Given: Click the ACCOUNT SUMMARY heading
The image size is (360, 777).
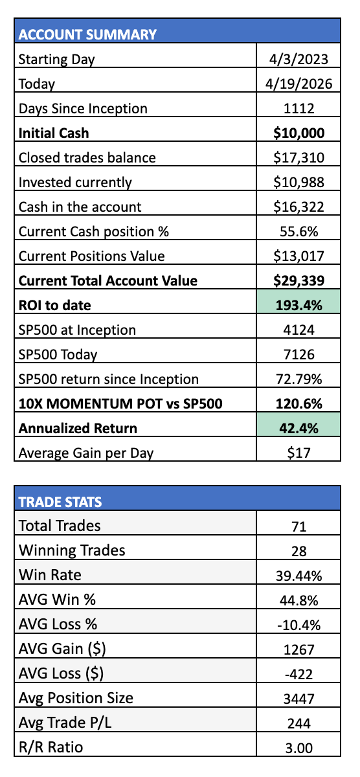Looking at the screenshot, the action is click(x=87, y=34).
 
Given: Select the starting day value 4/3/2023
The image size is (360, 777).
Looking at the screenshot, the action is click(x=298, y=60).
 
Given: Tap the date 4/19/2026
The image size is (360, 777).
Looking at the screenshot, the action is click(x=298, y=84).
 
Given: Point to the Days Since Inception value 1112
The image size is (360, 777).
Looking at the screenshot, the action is click(x=298, y=109).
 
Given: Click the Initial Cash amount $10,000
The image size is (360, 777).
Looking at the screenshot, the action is click(x=298, y=133).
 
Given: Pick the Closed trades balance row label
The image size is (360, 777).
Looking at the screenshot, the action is click(x=87, y=158).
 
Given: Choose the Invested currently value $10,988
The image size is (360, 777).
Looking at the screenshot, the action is click(x=298, y=183).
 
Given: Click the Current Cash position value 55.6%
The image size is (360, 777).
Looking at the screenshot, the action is click(x=298, y=232).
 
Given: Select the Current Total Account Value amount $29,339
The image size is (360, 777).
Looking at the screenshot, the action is click(x=298, y=281).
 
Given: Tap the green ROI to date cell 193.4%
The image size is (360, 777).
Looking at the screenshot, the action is click(x=298, y=302).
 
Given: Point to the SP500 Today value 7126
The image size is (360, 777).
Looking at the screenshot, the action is click(x=298, y=355).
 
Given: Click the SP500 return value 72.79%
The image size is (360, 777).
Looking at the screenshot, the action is click(x=298, y=379).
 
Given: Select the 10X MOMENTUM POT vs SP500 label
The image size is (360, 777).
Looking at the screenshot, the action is click(x=120, y=404).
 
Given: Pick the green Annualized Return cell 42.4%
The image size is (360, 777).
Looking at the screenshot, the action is click(x=298, y=425).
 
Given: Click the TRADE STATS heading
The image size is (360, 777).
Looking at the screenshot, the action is click(x=60, y=502).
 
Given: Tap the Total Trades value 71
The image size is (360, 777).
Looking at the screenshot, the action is click(x=298, y=527).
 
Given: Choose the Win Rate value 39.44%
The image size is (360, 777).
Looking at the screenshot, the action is click(x=298, y=576).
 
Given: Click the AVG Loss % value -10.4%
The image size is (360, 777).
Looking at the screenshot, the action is click(x=298, y=625).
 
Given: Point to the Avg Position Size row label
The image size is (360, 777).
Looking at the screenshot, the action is click(x=76, y=698).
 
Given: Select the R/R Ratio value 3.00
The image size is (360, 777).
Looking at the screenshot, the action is click(x=298, y=749).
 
